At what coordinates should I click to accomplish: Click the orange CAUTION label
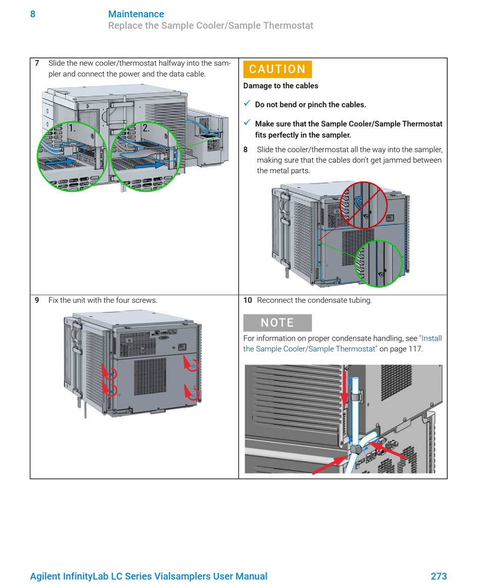[x=277, y=69]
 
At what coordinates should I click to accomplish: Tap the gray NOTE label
[x=277, y=323]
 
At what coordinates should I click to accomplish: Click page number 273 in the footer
[x=439, y=576]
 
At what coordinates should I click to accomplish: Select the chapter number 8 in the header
[x=33, y=14]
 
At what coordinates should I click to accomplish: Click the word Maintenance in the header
[x=136, y=14]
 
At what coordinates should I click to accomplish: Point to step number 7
[x=37, y=64]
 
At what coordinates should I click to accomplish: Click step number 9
[x=37, y=300]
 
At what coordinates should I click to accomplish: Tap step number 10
[x=248, y=300]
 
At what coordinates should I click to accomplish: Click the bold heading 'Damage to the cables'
[x=280, y=86]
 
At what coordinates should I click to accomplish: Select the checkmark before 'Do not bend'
[x=247, y=103]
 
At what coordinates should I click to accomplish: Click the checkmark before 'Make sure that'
[x=247, y=123]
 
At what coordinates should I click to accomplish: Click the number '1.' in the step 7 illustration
[x=73, y=128]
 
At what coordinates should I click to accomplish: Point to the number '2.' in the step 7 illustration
[x=146, y=128]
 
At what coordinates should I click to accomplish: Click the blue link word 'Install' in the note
[x=431, y=339]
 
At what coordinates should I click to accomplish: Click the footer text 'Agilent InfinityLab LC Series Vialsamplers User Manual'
[x=149, y=576]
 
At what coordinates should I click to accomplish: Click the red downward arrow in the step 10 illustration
[x=345, y=389]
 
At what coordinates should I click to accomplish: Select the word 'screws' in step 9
[x=146, y=300]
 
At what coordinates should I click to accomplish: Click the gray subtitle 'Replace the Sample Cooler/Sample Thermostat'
[x=211, y=26]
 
